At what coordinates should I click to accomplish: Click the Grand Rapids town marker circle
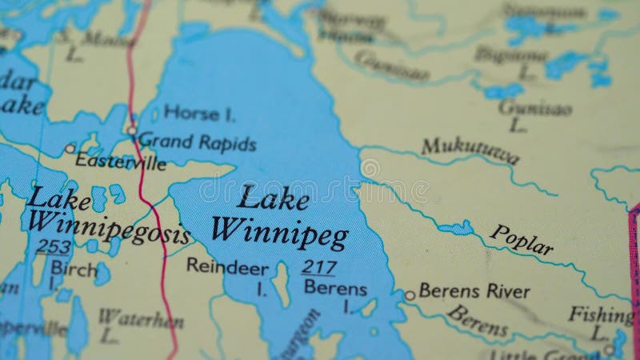pyautogui.click(x=132, y=130)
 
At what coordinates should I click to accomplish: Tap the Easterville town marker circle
pyautogui.click(x=70, y=148)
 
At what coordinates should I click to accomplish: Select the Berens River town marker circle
pyautogui.click(x=410, y=295)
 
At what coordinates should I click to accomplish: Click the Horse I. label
pyautogui.click(x=198, y=114)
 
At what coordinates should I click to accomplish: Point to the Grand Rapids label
pyautogui.click(x=198, y=143)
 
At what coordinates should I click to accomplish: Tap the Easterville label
pyautogui.click(x=120, y=162)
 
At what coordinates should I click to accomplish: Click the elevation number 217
pyautogui.click(x=318, y=267)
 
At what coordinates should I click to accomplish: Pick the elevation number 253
pyautogui.click(x=54, y=246)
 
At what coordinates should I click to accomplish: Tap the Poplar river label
pyautogui.click(x=521, y=239)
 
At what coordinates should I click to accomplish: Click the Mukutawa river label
pyautogui.click(x=470, y=150)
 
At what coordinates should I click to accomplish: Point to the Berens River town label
pyautogui.click(x=474, y=291)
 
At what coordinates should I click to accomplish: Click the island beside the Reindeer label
pyautogui.click(x=280, y=284)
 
